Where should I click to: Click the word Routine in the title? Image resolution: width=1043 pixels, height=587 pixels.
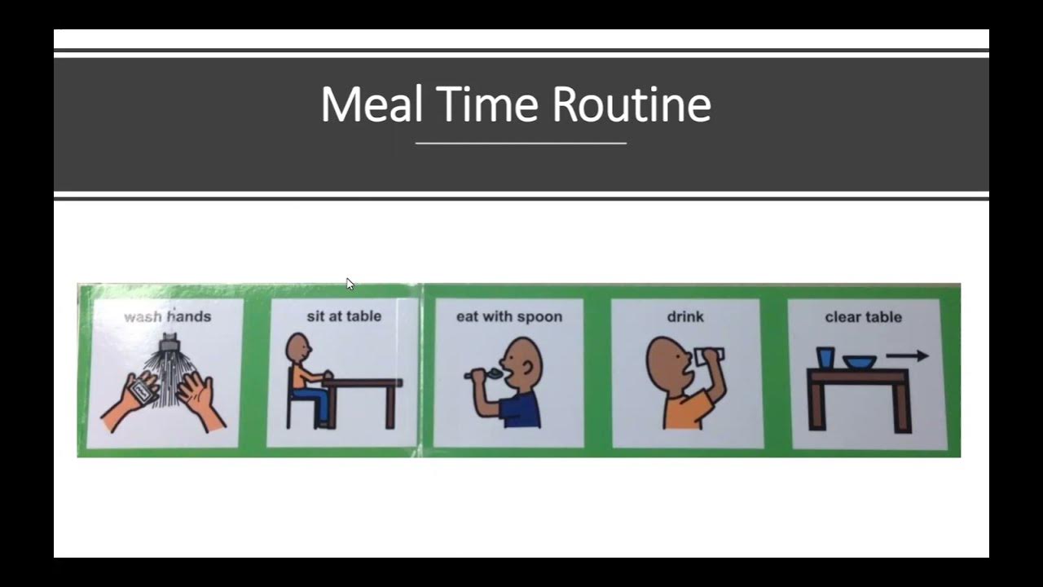pyautogui.click(x=632, y=105)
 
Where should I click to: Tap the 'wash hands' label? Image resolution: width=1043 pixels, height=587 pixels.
pyautogui.click(x=167, y=316)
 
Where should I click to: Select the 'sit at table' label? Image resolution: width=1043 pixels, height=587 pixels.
pyautogui.click(x=344, y=316)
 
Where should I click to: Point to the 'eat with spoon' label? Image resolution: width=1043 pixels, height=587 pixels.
pyautogui.click(x=509, y=316)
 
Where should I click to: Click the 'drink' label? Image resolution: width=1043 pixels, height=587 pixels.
pyautogui.click(x=685, y=316)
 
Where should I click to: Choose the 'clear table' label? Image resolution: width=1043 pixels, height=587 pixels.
pyautogui.click(x=863, y=316)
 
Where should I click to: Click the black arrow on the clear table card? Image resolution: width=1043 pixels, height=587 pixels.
pyautogui.click(x=908, y=355)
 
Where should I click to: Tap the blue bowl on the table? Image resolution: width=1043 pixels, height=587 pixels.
pyautogui.click(x=860, y=361)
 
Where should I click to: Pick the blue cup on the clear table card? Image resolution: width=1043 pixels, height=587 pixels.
pyautogui.click(x=825, y=358)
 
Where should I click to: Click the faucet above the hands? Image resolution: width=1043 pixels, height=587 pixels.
pyautogui.click(x=169, y=347)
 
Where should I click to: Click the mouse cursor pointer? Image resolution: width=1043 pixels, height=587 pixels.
pyautogui.click(x=350, y=284)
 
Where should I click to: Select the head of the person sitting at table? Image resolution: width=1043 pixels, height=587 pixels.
pyautogui.click(x=298, y=349)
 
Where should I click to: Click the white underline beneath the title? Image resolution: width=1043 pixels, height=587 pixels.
pyautogui.click(x=521, y=143)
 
